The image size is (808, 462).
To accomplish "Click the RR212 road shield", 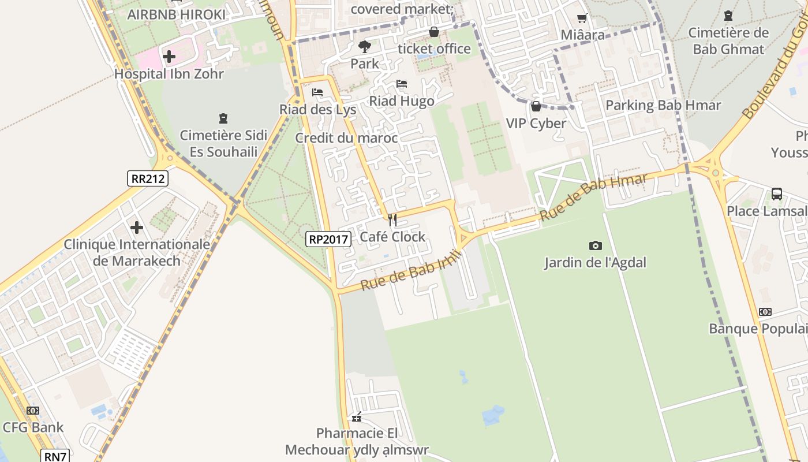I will point(148,178).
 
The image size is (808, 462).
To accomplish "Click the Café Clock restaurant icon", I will point(392,220).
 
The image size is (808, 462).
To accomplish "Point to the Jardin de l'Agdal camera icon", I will point(596,246).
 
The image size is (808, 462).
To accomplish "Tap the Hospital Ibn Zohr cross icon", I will point(169,57).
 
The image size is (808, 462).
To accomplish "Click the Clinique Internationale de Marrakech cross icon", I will point(137,228).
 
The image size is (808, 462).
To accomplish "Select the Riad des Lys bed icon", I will point(317,92).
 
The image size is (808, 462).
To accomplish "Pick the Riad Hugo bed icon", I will point(402,84).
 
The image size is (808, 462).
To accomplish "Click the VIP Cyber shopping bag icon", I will point(536,106).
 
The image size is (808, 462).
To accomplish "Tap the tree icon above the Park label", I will point(364,46).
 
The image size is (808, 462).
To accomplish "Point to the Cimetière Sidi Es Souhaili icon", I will point(223,119).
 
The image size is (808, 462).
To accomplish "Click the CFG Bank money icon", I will point(33,411).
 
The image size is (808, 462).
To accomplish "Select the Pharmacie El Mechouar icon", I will point(357,417).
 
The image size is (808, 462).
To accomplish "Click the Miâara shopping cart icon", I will point(582,18).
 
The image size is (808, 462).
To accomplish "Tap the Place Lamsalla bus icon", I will point(777,194).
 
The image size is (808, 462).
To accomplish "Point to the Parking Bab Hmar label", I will point(663,106).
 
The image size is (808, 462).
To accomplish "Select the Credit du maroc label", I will point(346,138).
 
